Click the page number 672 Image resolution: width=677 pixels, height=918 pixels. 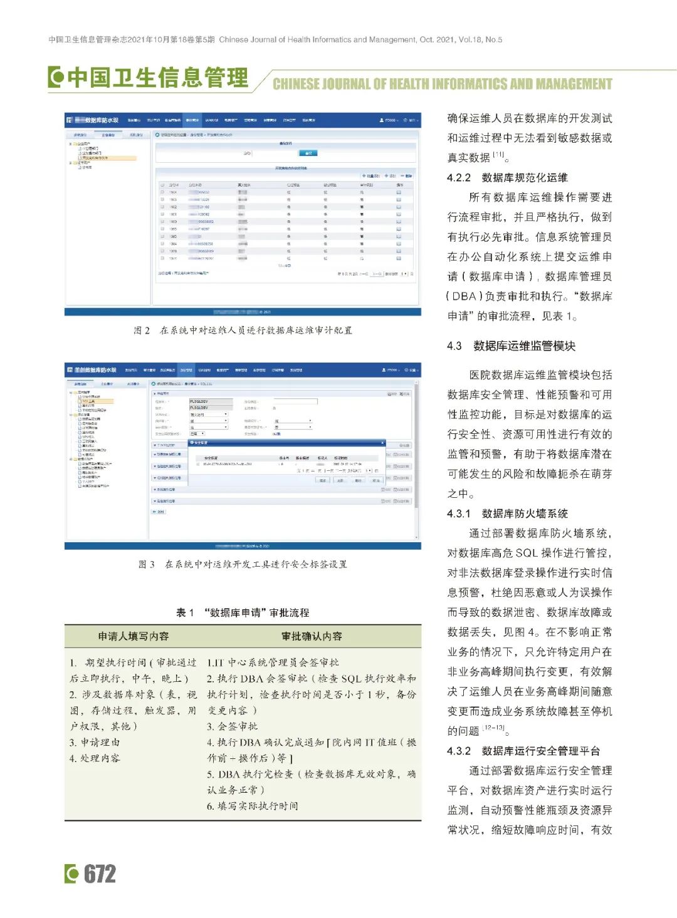point(100,874)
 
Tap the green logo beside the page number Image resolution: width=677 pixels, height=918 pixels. point(72,874)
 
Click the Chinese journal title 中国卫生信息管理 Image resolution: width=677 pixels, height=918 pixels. point(157,78)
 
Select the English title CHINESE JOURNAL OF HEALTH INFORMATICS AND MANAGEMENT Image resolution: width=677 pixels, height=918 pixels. point(442,84)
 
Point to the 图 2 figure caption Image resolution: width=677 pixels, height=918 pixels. point(243,330)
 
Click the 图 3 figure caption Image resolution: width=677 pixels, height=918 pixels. point(243,564)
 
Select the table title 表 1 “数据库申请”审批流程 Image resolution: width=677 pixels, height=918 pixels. point(243,612)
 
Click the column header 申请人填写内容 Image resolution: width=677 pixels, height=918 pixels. point(134,636)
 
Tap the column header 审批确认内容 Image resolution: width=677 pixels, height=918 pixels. point(312,636)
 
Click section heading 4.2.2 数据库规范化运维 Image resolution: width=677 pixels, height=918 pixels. point(507,177)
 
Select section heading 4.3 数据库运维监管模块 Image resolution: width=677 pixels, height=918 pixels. point(511,346)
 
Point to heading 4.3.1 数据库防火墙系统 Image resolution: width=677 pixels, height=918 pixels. point(507,513)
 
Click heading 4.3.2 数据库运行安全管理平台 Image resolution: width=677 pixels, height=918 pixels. point(523,751)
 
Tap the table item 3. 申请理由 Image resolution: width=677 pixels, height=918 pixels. point(95,742)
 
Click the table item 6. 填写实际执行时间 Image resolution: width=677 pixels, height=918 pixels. point(253,806)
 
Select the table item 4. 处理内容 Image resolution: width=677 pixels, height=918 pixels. point(95,758)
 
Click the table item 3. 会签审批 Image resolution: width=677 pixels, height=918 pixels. point(233,726)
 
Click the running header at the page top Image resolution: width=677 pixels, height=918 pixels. point(275,39)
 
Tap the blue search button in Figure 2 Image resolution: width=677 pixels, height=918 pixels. point(307,153)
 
